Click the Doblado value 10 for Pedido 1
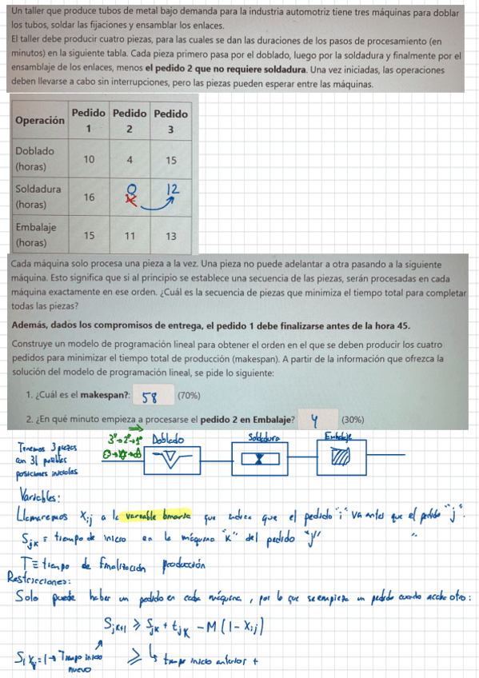coord(89,159)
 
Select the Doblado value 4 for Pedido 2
coord(129,159)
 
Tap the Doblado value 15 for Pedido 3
coord(170,159)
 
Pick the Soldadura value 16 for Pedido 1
coord(89,197)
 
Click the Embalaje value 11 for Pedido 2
coord(129,236)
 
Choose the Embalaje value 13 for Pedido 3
coord(170,236)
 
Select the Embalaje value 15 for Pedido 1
coord(89,236)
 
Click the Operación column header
coord(40,121)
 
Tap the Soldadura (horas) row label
coord(37,197)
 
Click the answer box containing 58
coord(153,395)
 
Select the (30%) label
coord(353,419)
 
